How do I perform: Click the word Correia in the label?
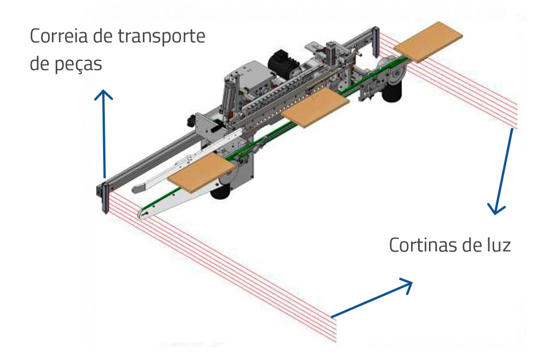pyautogui.click(x=56, y=38)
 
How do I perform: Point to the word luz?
pyautogui.click(x=498, y=245)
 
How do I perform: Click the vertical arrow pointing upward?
pyautogui.click(x=104, y=133)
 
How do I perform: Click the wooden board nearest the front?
pyautogui.click(x=202, y=173)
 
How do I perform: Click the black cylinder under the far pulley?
pyautogui.click(x=394, y=90)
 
